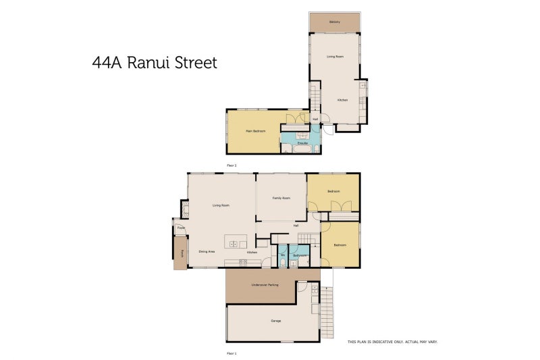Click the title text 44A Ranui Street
pyautogui.click(x=155, y=63)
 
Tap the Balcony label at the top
pyautogui.click(x=335, y=22)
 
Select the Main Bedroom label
pyautogui.click(x=255, y=131)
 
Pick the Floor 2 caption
pyautogui.click(x=232, y=165)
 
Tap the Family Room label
pyautogui.click(x=281, y=198)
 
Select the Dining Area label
pyautogui.click(x=207, y=252)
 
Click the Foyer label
pyautogui.click(x=181, y=229)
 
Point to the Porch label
pyautogui.click(x=182, y=254)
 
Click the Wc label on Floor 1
pyautogui.click(x=283, y=255)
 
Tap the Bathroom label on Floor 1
pyautogui.click(x=300, y=255)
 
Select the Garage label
pyautogui.click(x=275, y=321)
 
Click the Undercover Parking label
pyautogui.click(x=264, y=285)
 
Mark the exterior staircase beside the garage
pyautogui.click(x=327, y=313)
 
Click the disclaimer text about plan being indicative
pyautogui.click(x=392, y=342)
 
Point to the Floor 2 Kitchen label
pyautogui.click(x=343, y=100)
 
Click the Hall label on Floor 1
pyautogui.click(x=296, y=226)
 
